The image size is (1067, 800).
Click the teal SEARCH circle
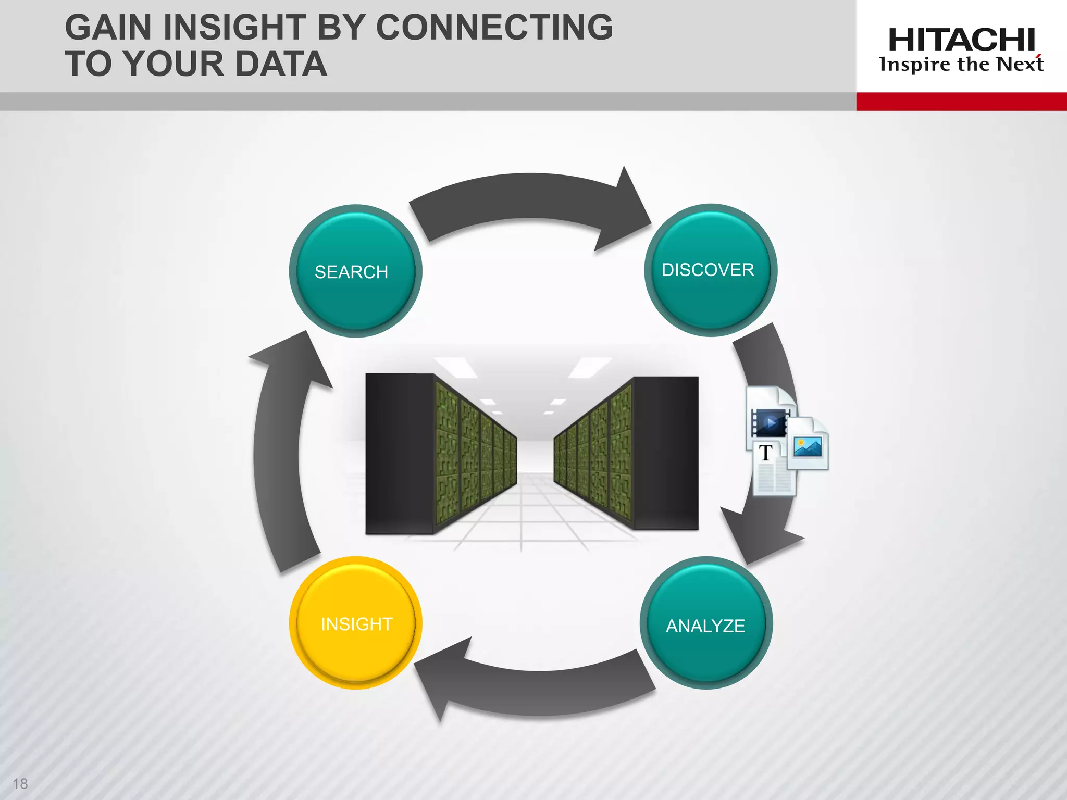pyautogui.click(x=355, y=271)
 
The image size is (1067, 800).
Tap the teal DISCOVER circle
pyautogui.click(x=710, y=270)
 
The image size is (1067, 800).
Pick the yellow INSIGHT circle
pyautogui.click(x=355, y=623)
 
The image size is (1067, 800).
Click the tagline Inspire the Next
pyautogui.click(x=961, y=65)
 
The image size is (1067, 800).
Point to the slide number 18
pyautogui.click(x=20, y=783)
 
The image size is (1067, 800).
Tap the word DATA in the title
pyautogui.click(x=281, y=64)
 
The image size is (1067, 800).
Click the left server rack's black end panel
pyautogui.click(x=399, y=453)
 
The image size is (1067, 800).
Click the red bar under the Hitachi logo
pyautogui.click(x=961, y=101)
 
